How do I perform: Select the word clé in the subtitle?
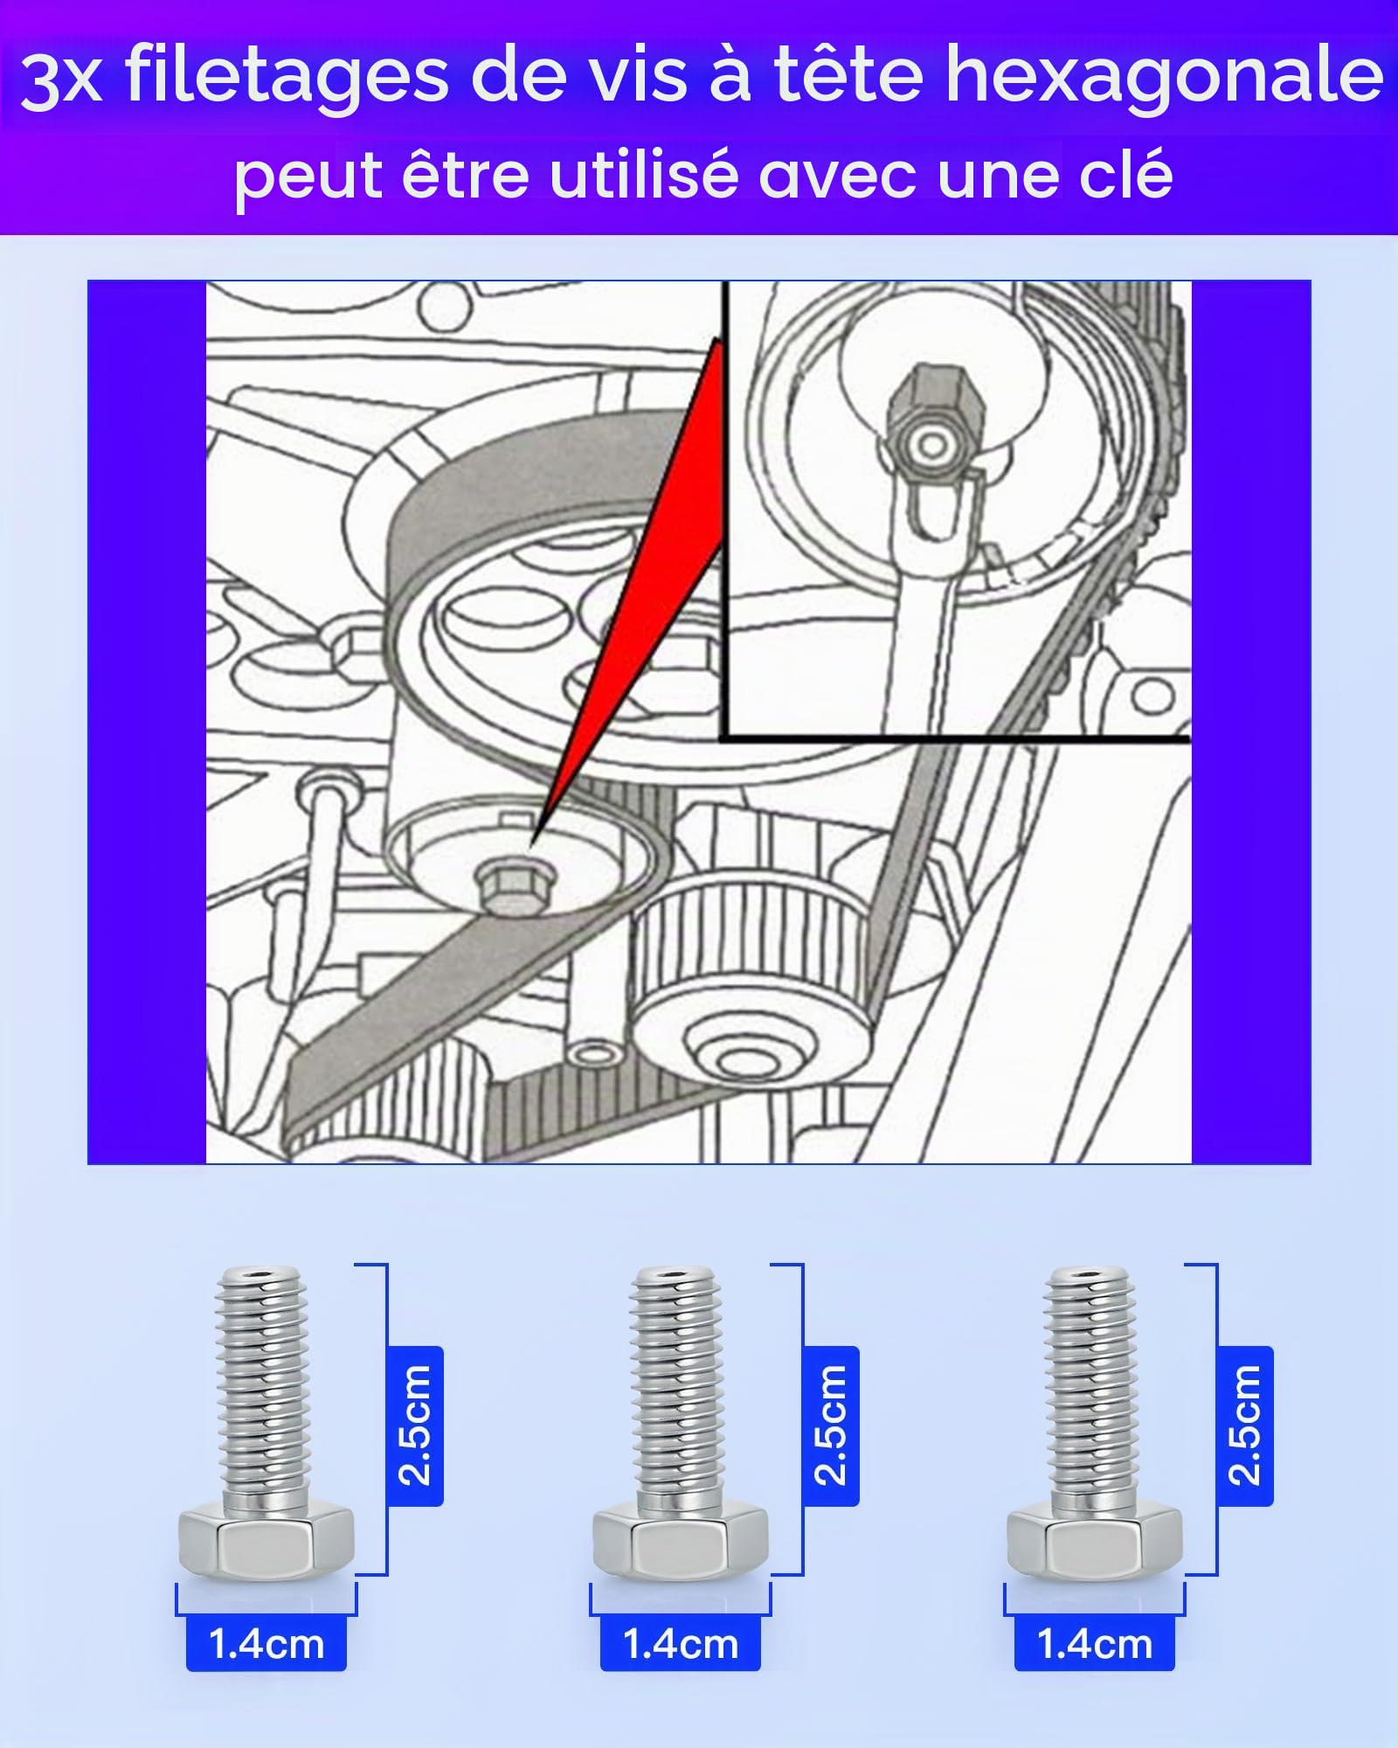tap(1126, 174)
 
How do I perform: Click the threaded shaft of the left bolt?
tap(262, 1389)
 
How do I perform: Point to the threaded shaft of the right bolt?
tap(1090, 1389)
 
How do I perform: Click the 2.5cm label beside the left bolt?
tap(415, 1425)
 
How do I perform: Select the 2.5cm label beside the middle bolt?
tap(830, 1425)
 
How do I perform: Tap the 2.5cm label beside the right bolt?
tap(1244, 1425)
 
